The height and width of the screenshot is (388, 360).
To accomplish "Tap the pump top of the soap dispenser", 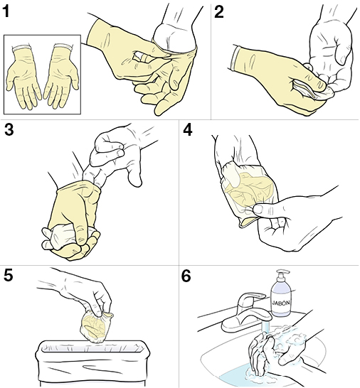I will pyautogui.click(x=280, y=274).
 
